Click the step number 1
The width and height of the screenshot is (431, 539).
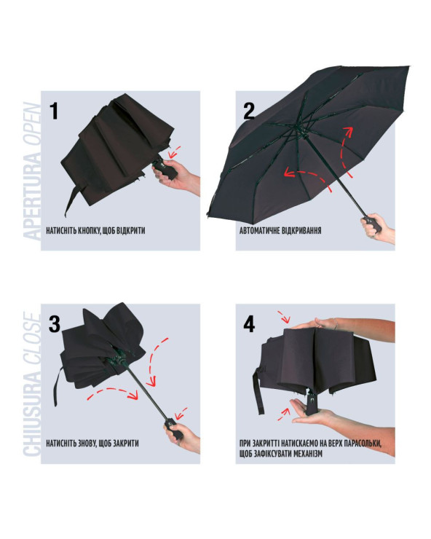point(54,111)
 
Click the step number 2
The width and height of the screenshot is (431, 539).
point(249,111)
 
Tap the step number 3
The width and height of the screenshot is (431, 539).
point(55,324)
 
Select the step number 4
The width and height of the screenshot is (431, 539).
point(249,324)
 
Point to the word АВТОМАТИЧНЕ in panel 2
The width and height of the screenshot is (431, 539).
point(260,230)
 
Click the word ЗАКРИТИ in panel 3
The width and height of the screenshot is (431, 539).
point(125,444)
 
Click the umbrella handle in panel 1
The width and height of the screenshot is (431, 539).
point(165,169)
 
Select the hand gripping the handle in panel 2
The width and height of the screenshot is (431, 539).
point(377,228)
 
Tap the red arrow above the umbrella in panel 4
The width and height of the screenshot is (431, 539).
point(285,317)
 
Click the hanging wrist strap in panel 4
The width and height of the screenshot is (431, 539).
point(259,390)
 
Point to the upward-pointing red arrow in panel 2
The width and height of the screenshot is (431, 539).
point(345,152)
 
